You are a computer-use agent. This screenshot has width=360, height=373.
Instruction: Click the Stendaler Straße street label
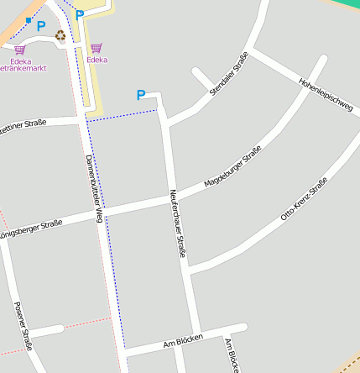point(229,74)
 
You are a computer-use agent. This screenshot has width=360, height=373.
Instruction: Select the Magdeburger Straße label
point(233,167)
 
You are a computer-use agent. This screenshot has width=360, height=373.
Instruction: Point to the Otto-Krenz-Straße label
point(304,199)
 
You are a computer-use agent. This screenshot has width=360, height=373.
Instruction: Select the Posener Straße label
point(23,326)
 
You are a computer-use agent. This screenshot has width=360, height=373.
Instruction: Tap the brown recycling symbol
point(60,35)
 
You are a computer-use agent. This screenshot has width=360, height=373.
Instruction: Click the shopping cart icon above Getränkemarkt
point(19,50)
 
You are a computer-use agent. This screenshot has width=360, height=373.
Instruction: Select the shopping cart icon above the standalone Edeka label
point(97,48)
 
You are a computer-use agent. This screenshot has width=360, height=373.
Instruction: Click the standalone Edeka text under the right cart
point(97,60)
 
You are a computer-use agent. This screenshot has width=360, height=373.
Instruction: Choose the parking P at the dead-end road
point(141,96)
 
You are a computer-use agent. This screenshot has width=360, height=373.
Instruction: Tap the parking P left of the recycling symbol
point(40,26)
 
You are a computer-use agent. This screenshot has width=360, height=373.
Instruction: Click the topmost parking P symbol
point(80,14)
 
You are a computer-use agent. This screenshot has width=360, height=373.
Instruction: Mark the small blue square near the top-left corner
point(29,19)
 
